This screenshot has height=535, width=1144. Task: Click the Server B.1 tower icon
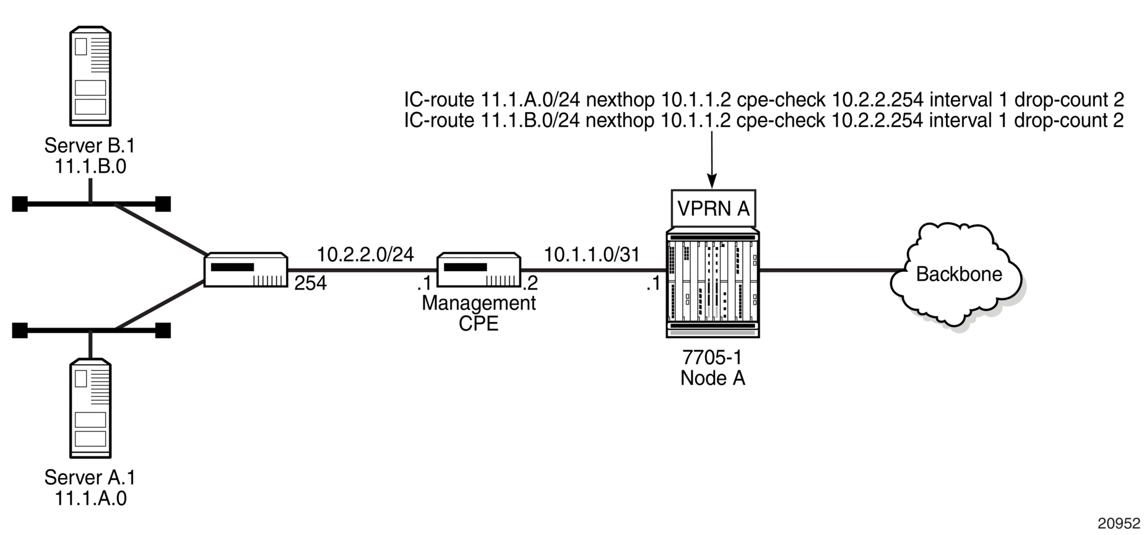90,76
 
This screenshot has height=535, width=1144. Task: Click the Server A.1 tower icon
90,408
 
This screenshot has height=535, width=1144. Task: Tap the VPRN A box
713,209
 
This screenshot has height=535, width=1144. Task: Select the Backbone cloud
958,274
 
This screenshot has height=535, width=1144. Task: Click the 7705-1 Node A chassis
713,283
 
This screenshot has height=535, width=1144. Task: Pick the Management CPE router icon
479,270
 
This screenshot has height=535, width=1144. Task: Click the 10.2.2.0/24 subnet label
365,254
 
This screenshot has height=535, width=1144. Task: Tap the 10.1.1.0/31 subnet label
592,254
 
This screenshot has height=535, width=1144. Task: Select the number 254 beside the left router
310,284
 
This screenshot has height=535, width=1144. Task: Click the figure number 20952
1119,524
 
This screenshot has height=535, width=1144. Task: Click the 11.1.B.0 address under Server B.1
90,167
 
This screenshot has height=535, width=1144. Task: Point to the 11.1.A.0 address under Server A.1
90,498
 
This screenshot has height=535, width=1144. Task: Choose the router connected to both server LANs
246,270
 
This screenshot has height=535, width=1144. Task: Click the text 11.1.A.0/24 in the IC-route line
531,100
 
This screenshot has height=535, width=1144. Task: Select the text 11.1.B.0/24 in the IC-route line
531,120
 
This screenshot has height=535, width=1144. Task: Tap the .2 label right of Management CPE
530,284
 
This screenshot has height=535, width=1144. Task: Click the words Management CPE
479,313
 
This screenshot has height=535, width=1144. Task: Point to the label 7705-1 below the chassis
712,357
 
